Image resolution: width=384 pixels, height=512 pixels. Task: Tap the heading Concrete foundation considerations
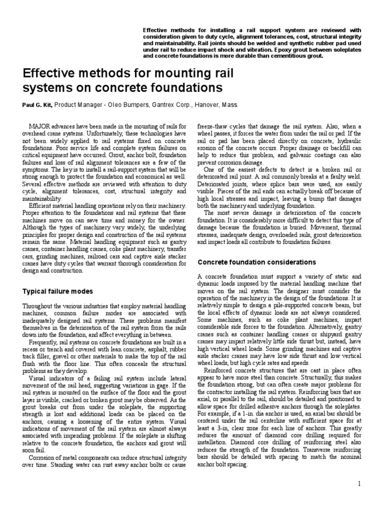[x=257, y=262]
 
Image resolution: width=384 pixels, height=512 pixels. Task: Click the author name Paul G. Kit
[x=37, y=105]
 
